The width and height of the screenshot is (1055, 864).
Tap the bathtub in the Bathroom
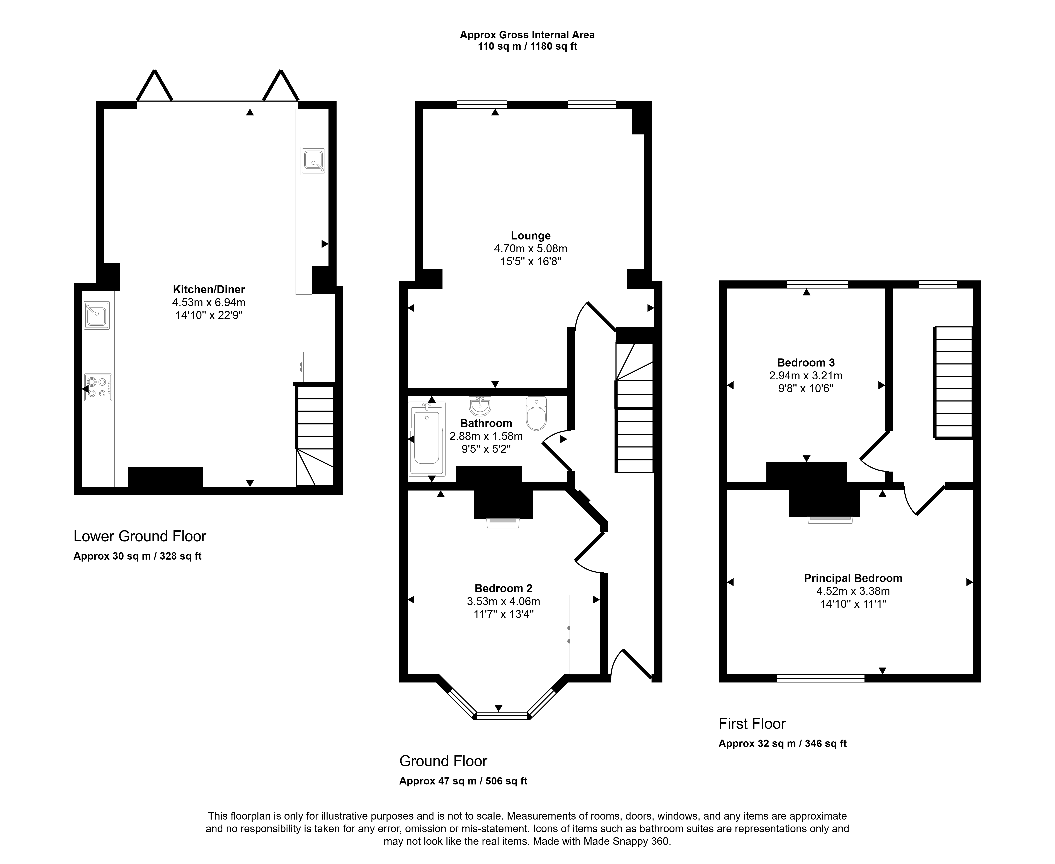(427, 439)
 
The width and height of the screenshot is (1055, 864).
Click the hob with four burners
(98, 387)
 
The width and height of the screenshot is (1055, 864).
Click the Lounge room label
(531, 236)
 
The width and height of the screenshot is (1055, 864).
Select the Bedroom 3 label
(806, 363)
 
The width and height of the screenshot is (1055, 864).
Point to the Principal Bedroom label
(853, 578)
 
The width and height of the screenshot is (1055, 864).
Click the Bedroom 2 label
(503, 588)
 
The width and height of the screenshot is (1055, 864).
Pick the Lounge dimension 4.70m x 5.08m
(531, 248)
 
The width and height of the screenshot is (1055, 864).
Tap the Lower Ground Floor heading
(140, 536)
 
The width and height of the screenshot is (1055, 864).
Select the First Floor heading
(752, 724)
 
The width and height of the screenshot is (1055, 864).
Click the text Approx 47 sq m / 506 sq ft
(463, 781)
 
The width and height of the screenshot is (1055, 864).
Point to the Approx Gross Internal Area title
(527, 35)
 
